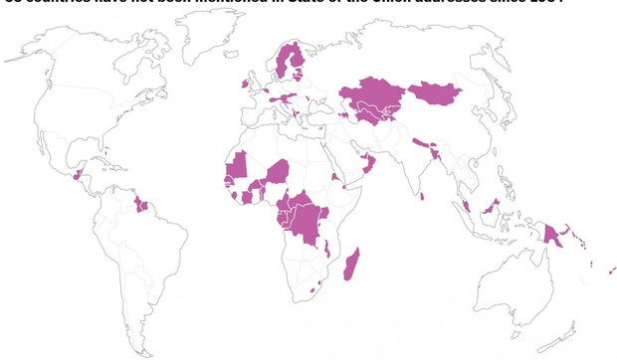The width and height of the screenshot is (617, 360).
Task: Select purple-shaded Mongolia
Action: (x=435, y=94)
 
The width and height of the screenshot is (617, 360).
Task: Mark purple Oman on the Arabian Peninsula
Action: (x=368, y=163)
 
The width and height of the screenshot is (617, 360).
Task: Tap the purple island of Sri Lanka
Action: (x=423, y=196)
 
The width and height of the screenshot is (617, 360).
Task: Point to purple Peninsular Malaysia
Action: (x=466, y=206)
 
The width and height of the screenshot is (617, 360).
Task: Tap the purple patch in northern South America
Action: (x=141, y=206)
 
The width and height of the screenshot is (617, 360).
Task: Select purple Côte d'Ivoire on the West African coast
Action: (x=247, y=198)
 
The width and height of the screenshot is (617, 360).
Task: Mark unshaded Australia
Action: (x=527, y=288)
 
